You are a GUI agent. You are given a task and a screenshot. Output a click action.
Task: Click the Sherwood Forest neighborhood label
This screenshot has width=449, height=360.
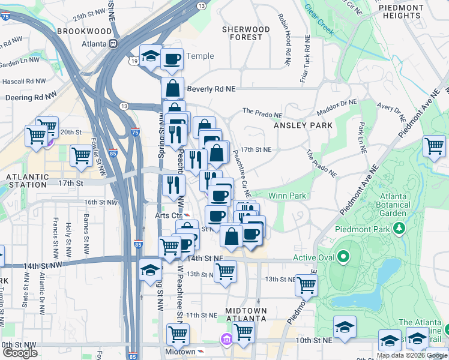coord(246,33)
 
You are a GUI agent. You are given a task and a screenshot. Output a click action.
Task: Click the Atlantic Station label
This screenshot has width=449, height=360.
coord(27,182)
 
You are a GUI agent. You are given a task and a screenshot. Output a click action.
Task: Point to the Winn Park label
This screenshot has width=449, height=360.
coord(288,196)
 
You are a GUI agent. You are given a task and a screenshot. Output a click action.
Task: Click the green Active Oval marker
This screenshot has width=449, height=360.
coord(343,258)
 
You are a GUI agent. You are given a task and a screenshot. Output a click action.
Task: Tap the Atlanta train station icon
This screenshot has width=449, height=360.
coord(113,44)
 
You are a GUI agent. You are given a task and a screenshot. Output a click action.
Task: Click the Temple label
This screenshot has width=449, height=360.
coord(200,56)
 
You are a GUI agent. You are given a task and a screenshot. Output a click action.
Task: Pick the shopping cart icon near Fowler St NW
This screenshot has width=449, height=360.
coord(81,155)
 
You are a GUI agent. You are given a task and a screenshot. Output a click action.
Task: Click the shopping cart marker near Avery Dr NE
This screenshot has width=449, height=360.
coord(434,145)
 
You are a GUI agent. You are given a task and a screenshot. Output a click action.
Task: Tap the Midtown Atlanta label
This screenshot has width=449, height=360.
coord(245,314)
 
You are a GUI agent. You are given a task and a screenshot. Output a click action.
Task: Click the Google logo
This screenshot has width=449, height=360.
coord(20,353)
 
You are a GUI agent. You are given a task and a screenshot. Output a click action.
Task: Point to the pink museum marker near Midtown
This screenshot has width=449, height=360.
coord(226,340)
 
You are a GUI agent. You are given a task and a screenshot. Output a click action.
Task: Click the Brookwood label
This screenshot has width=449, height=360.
coord(85,31)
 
